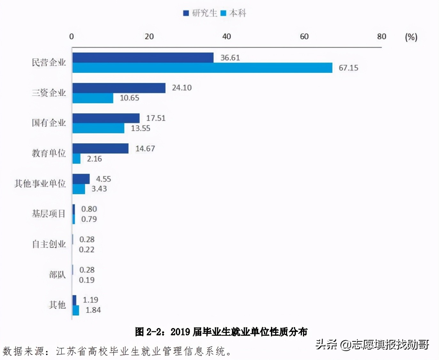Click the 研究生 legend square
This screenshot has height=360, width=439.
(x=186, y=13)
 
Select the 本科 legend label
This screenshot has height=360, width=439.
(x=238, y=13)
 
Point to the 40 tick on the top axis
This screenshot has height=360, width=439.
(x=227, y=36)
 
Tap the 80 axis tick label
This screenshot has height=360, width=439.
(x=381, y=36)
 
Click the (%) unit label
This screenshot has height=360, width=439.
(x=411, y=37)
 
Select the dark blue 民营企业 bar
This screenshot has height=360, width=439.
(x=143, y=57)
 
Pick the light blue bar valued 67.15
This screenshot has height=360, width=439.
(x=202, y=68)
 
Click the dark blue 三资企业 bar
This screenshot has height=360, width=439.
(x=119, y=88)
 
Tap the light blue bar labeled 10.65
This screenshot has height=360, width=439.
(x=93, y=98)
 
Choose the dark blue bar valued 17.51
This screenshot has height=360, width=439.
(x=106, y=118)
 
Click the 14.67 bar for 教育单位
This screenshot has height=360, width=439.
(x=100, y=148)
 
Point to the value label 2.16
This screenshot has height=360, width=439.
(x=94, y=159)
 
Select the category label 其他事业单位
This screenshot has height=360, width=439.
(x=40, y=184)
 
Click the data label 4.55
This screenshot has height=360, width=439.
(x=104, y=179)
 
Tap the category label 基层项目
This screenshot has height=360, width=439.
(x=49, y=214)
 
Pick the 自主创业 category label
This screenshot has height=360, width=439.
(x=49, y=244)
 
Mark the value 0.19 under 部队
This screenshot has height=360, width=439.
(x=87, y=280)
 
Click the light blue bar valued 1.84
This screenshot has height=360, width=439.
(x=76, y=310)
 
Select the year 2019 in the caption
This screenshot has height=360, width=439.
(x=180, y=332)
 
